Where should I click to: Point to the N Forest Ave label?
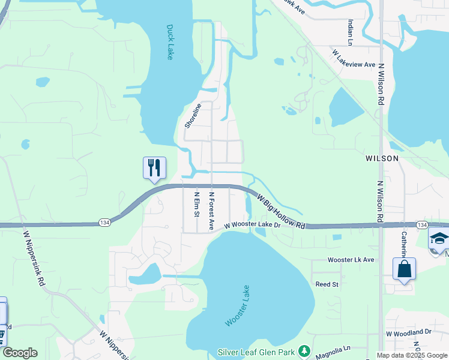[211, 211]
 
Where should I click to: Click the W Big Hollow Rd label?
[281, 211]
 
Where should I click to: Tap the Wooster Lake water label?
[237, 306]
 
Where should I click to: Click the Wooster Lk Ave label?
[351, 260]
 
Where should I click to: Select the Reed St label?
[327, 284]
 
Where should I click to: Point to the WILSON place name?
[382, 158]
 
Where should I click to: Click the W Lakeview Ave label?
[354, 58]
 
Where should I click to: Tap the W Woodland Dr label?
[408, 332]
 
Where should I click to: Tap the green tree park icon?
[305, 350]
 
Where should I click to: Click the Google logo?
[19, 353]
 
